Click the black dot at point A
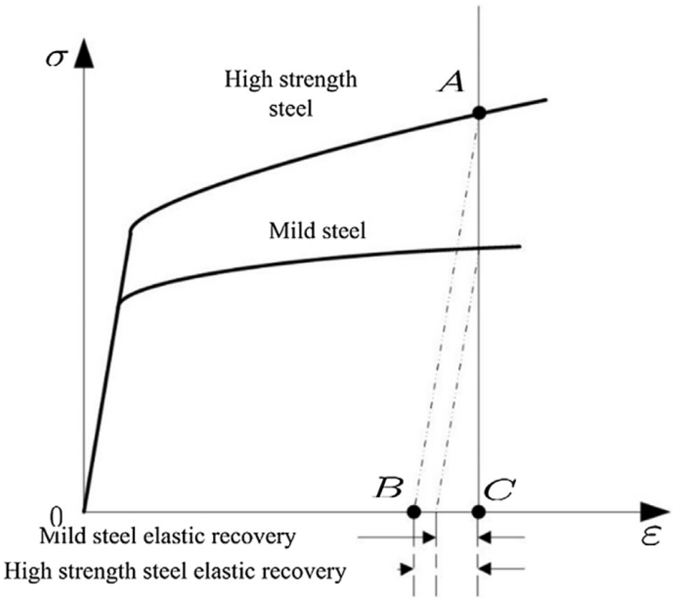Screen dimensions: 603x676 click(479, 113)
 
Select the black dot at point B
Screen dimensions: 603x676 click(414, 512)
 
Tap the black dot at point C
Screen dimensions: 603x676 click(479, 512)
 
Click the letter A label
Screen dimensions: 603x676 click(451, 82)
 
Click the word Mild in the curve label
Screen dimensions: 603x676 click(287, 230)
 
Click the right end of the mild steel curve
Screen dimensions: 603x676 click(520, 247)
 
